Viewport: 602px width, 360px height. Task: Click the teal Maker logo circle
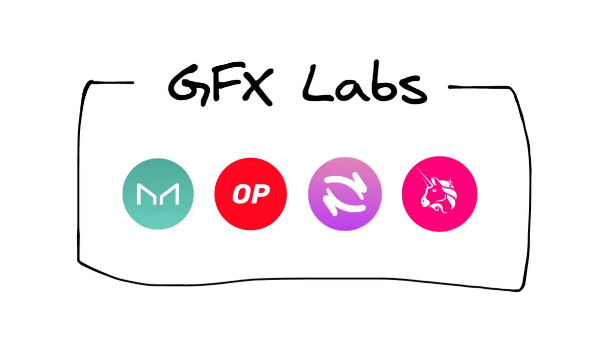(x=158, y=194)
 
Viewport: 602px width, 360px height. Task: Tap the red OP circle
(x=251, y=194)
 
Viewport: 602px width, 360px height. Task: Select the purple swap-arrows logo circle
(x=345, y=194)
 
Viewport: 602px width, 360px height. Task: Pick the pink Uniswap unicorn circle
(x=440, y=194)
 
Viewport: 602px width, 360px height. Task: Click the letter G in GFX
(x=188, y=85)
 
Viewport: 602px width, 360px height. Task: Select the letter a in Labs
(x=350, y=90)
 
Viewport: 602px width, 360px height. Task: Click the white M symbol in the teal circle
(x=158, y=194)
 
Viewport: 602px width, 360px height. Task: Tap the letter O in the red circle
(x=240, y=194)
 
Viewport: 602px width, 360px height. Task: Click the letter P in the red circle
(x=260, y=194)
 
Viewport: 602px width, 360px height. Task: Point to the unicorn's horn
(x=424, y=177)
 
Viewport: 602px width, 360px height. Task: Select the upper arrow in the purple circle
(x=347, y=182)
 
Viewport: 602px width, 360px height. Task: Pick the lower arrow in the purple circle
(x=344, y=205)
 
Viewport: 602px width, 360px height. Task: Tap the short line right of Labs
(x=479, y=87)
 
